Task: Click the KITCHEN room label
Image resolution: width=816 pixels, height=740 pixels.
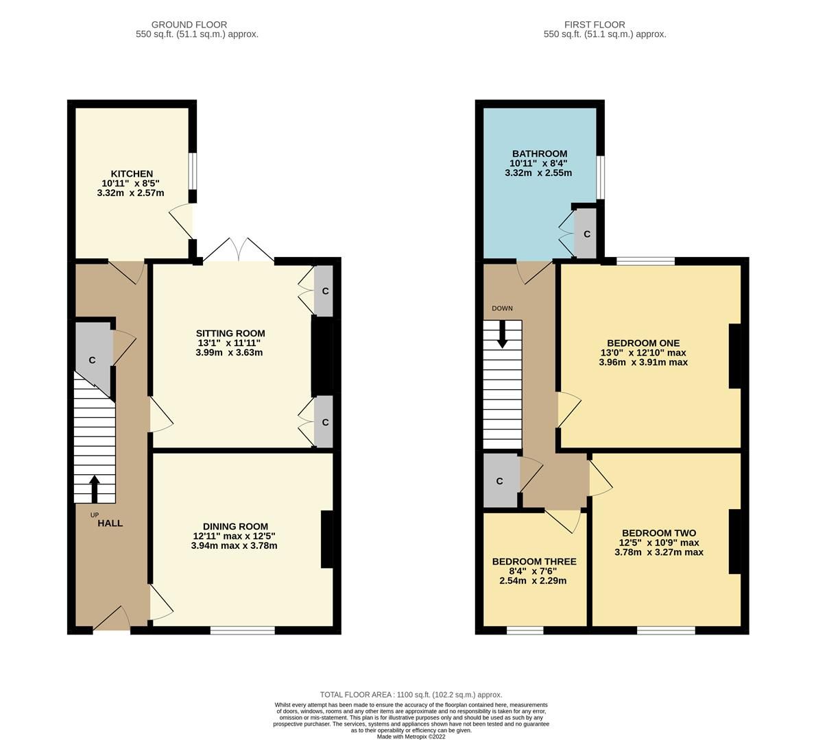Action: coord(132,174)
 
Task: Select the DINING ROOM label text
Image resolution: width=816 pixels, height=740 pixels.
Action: coord(235,526)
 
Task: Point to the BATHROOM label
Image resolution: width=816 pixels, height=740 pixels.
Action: coord(539,153)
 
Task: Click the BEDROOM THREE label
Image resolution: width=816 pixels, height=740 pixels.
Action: coord(534,561)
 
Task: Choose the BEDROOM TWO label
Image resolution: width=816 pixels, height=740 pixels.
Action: coord(659,533)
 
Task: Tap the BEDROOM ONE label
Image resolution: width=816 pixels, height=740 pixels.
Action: coord(643,343)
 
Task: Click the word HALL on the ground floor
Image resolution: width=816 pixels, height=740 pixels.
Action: coord(110,523)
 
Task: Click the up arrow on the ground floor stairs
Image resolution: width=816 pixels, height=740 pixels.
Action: coord(94,489)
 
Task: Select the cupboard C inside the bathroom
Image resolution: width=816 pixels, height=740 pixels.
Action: coord(586,234)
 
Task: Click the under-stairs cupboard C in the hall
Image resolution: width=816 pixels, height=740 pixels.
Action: coord(92,360)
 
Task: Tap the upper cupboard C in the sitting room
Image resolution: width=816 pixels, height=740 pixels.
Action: coord(325,291)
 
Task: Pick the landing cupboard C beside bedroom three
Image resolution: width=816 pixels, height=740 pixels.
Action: coord(499,481)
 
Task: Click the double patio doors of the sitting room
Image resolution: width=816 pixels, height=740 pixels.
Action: coord(239,251)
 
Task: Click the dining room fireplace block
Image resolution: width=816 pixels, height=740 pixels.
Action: coord(327,539)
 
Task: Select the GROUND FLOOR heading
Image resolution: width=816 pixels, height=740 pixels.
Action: coord(189,25)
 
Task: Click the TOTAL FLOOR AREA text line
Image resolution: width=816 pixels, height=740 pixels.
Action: coord(411,694)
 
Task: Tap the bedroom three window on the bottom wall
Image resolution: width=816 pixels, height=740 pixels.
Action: coord(525,630)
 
